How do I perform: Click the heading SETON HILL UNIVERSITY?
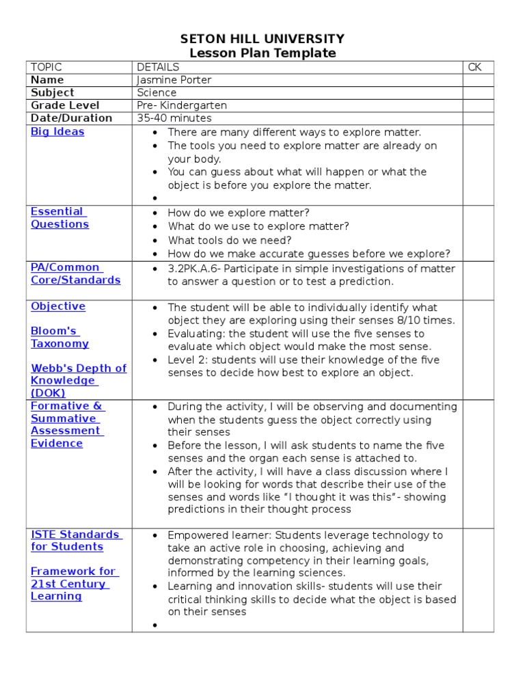tap(262, 39)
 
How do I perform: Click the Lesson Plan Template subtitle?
tap(262, 53)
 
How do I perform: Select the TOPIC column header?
tap(46, 67)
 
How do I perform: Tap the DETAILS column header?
tap(158, 67)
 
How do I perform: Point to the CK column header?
tap(474, 67)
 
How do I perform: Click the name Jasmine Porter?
tap(174, 80)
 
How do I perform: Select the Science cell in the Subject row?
tap(157, 92)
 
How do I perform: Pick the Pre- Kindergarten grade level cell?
tap(182, 105)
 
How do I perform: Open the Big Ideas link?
tap(57, 131)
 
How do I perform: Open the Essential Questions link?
tap(59, 218)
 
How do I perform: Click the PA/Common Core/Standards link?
tap(75, 273)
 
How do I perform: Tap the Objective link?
tap(58, 306)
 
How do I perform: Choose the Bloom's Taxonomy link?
tap(59, 337)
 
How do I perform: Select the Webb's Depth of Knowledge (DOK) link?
tap(78, 380)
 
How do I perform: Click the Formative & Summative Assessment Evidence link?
tap(67, 425)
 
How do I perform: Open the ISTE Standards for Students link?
tap(76, 540)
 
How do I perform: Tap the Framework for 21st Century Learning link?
tap(73, 583)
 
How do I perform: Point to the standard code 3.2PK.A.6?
tap(198, 269)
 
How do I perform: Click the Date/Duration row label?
tap(72, 118)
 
